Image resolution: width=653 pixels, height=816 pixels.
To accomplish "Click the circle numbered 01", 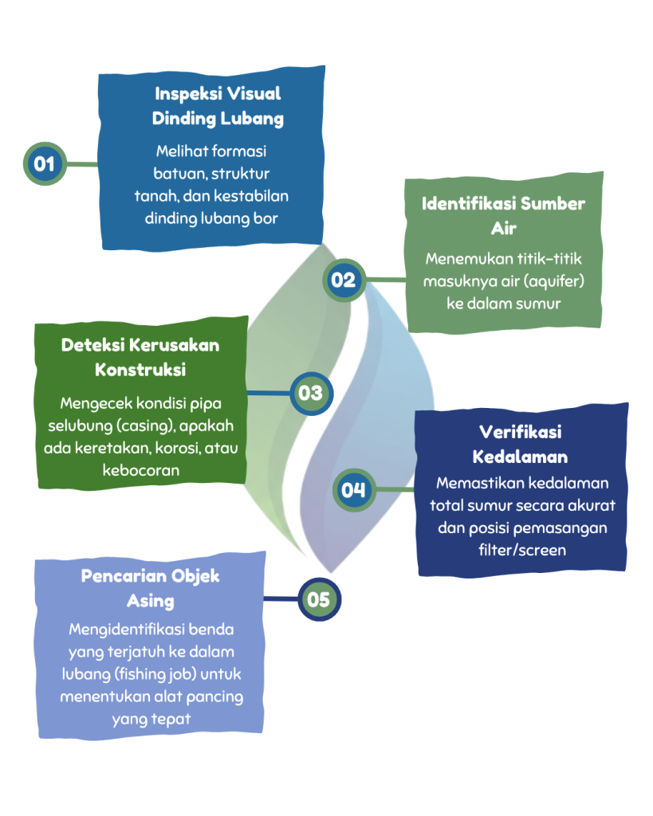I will pyautogui.click(x=45, y=163).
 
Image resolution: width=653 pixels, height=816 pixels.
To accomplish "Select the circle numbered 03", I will pyautogui.click(x=310, y=393).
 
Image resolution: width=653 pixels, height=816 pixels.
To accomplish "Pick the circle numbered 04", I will pyautogui.click(x=352, y=488).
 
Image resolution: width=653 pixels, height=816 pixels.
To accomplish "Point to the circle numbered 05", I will pyautogui.click(x=318, y=598).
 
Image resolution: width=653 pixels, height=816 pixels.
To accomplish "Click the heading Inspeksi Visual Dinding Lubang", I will pyautogui.click(x=218, y=106).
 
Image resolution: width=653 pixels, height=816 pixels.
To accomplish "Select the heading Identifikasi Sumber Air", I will pyautogui.click(x=503, y=215).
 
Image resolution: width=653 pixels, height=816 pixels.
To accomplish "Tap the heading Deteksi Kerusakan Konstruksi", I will pyautogui.click(x=140, y=357).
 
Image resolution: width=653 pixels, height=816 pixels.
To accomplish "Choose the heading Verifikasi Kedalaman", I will pyautogui.click(x=520, y=444).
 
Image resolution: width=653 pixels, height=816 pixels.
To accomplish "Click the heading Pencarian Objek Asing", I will pyautogui.click(x=150, y=586).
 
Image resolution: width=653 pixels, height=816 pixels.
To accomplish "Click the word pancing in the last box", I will pyautogui.click(x=203, y=696).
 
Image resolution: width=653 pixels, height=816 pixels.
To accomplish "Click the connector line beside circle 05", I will pyautogui.click(x=281, y=598).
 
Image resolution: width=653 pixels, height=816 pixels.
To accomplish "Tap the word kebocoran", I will pyautogui.click(x=140, y=470).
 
